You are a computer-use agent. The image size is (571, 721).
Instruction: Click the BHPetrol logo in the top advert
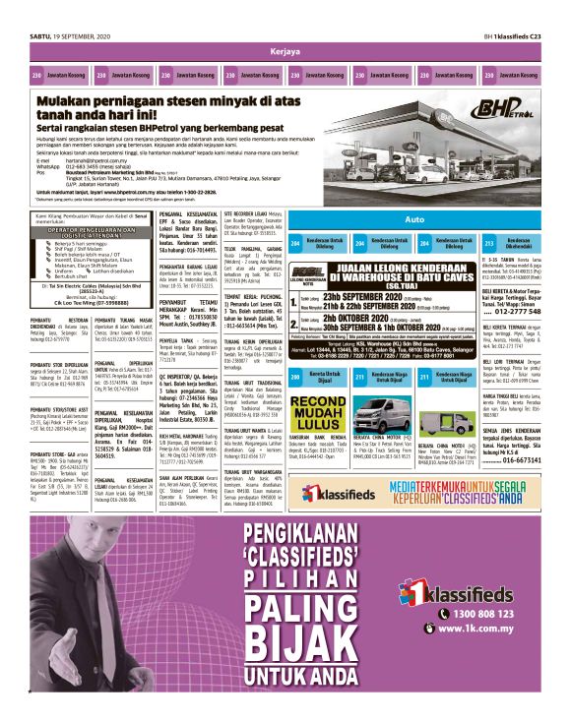(492, 105)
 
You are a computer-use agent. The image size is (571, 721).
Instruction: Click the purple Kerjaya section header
(285, 49)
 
